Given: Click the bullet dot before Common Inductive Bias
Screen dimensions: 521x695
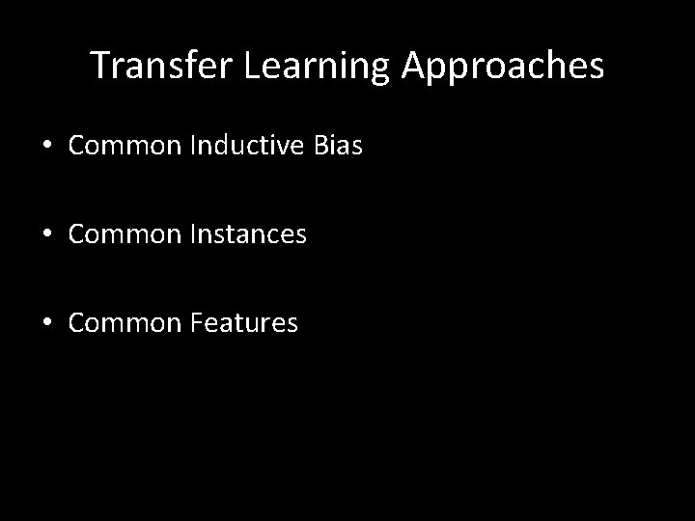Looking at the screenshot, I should tap(47, 146).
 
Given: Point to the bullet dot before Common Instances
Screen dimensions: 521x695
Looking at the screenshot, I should tap(47, 234).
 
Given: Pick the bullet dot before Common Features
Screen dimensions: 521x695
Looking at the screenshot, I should tap(47, 323).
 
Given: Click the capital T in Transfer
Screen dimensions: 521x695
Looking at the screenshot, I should tap(99, 66).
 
